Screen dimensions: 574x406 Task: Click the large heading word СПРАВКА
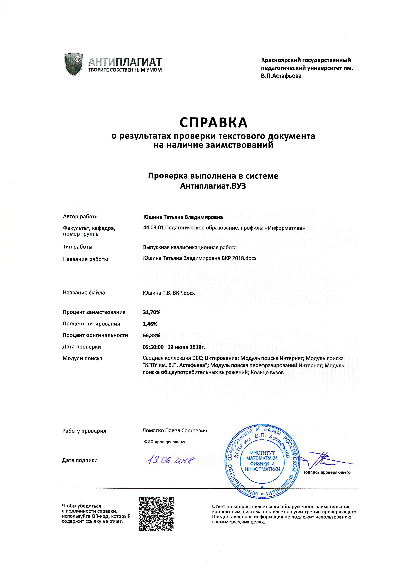click(x=213, y=122)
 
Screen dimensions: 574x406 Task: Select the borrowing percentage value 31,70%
click(x=151, y=312)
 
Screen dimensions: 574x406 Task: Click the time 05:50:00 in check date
click(x=153, y=347)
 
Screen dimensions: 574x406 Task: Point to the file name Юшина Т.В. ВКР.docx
click(x=169, y=293)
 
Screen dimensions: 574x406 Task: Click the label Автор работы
click(x=81, y=217)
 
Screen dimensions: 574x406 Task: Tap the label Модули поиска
click(x=83, y=358)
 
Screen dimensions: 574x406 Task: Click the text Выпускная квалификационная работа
click(x=190, y=247)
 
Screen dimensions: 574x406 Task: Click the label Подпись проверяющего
click(x=326, y=472)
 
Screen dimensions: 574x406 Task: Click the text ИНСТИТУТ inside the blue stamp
click(x=262, y=453)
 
